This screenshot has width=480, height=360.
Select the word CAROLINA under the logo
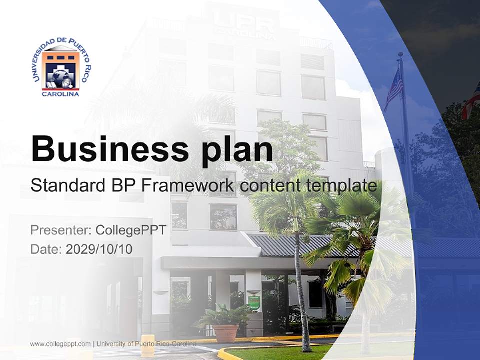coord(60,94)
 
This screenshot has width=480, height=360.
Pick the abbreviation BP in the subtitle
coord(122,186)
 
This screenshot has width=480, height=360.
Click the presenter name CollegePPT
coord(130,230)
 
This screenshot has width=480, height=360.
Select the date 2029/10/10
coord(99,249)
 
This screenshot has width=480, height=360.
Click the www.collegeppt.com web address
coord(60,344)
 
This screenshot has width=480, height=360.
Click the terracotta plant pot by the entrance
coord(226,333)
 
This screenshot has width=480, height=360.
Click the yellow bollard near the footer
coord(148,345)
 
